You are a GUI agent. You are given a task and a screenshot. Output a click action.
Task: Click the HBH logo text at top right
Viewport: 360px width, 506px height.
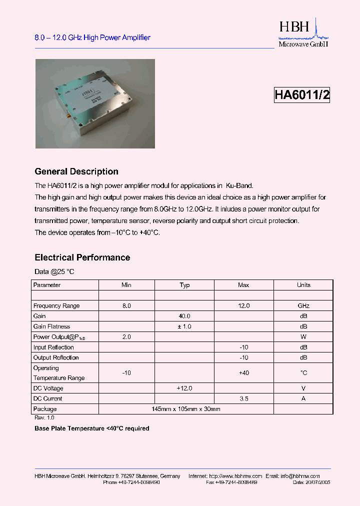tap(294, 27)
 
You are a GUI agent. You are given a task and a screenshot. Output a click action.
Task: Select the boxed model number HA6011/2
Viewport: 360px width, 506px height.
tap(302, 95)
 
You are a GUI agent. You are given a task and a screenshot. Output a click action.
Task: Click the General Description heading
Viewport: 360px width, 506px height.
tap(76, 171)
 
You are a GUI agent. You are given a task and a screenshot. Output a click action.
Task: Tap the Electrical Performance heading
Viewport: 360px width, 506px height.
tap(82, 257)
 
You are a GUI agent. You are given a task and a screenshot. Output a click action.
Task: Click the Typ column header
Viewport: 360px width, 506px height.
tap(184, 285)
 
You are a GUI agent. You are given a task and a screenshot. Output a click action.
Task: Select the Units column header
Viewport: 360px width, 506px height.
tap(303, 285)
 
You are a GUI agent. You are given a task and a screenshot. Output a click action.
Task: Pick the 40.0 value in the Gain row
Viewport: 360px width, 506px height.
tap(184, 316)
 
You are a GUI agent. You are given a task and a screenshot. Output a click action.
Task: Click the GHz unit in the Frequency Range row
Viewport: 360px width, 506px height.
tap(303, 305)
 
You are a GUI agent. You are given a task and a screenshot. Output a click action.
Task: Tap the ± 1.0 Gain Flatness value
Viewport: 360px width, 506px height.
tap(184, 326)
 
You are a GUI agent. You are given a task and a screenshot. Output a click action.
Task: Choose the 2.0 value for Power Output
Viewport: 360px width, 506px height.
tap(126, 337)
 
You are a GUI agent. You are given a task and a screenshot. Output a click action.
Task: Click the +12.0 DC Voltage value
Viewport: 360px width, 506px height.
tap(184, 388)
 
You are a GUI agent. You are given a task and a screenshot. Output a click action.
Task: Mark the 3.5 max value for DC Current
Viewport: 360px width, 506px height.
tap(243, 398)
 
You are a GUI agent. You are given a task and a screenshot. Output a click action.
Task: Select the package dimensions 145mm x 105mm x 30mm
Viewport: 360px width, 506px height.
tap(186, 409)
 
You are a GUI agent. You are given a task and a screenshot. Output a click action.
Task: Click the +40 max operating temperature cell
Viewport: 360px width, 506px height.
tap(243, 373)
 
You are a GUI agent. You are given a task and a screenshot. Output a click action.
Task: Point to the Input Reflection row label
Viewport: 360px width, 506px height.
tap(53, 347)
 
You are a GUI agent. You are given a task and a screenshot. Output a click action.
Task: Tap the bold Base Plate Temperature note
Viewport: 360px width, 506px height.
tap(92, 428)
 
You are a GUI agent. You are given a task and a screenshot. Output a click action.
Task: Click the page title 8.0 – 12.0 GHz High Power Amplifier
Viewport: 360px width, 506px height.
tap(92, 37)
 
